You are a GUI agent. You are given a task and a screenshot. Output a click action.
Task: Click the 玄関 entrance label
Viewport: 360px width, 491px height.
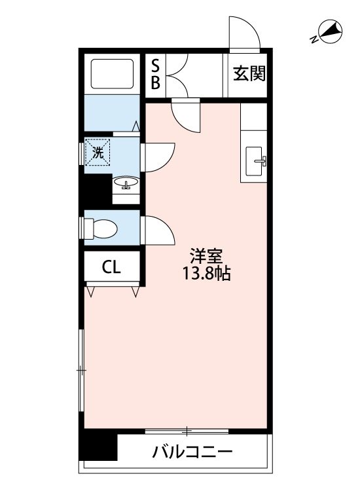[249, 74]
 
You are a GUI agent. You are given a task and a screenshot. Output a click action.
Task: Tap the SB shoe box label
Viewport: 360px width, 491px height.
[156, 74]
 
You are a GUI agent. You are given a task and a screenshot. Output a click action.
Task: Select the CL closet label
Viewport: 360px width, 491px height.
[111, 266]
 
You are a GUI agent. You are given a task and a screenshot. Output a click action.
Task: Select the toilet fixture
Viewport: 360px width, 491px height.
[102, 228]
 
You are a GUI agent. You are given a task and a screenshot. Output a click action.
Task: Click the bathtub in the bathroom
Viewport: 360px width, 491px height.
[110, 73]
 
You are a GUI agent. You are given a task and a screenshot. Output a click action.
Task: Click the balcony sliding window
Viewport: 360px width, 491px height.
[187, 431]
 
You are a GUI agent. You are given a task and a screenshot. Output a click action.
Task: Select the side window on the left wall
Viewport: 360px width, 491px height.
[81, 371]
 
